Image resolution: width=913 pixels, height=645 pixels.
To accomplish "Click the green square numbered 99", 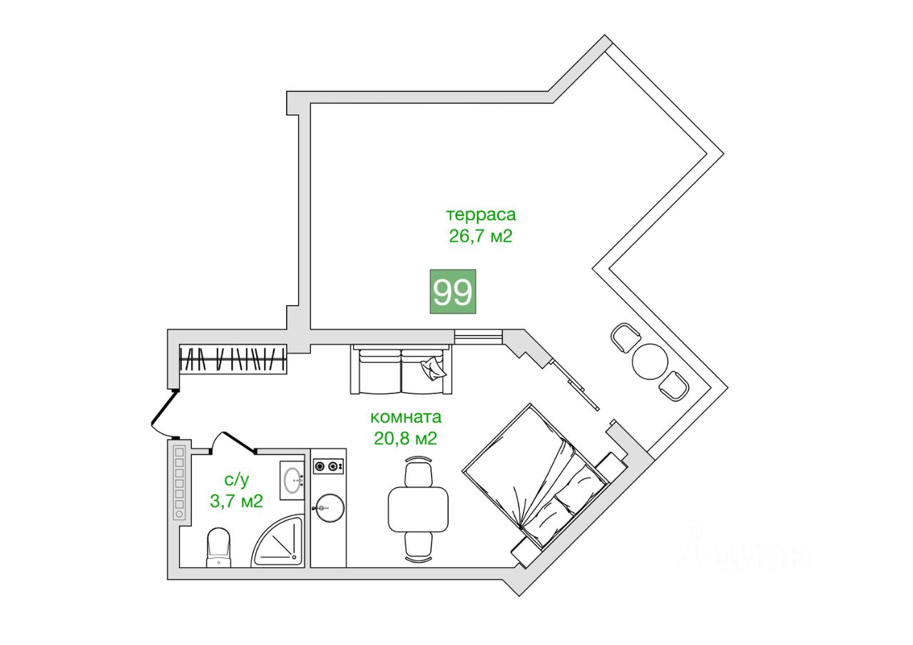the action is tap(452, 291).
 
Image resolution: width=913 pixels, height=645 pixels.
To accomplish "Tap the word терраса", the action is tap(480, 215).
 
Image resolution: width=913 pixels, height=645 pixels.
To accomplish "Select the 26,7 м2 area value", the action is tap(480, 237).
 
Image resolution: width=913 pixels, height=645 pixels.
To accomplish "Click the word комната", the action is tap(406, 417).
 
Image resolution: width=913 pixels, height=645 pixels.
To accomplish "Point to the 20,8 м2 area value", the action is tap(405, 438).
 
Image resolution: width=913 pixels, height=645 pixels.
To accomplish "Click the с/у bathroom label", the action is tap(236, 480).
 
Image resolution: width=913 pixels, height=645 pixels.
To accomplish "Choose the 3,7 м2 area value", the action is tap(236, 501).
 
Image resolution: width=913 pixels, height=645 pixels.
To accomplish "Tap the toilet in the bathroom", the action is tap(219, 547).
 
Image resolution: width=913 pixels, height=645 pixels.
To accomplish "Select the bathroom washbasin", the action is tap(292, 482).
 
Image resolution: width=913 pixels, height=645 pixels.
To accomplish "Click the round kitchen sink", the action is tap(329, 508).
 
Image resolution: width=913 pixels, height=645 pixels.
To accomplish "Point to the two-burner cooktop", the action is tap(329, 467).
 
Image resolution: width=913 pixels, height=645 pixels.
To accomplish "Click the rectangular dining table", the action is tap(419, 507).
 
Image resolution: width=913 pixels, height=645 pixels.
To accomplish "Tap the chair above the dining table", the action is tap(419, 473).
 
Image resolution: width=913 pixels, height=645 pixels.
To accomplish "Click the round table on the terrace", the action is tap(650, 361).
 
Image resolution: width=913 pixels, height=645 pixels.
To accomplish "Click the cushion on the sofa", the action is tap(433, 368).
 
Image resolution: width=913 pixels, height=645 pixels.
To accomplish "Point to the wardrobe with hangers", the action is tap(233, 358).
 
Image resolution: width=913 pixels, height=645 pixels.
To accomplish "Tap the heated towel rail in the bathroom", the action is tap(179, 482).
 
